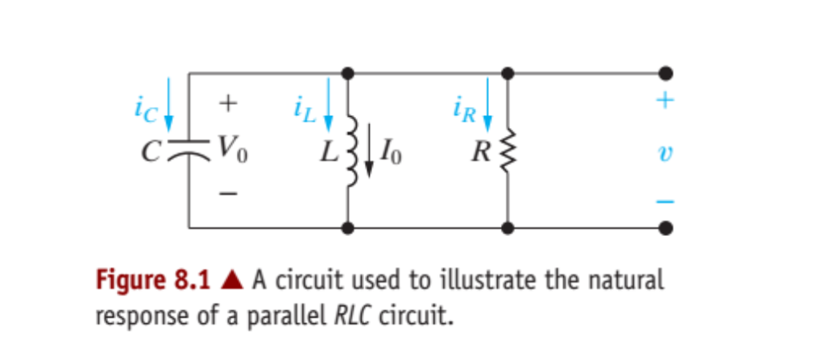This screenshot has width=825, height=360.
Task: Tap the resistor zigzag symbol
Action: coord(507,150)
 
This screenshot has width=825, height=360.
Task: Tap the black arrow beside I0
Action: coord(368,148)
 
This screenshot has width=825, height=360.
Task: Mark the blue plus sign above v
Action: coord(665,102)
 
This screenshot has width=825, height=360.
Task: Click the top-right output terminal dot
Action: coord(665,73)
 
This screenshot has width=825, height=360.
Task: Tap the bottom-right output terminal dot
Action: coord(665,228)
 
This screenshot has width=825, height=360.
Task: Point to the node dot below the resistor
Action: coord(507,228)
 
